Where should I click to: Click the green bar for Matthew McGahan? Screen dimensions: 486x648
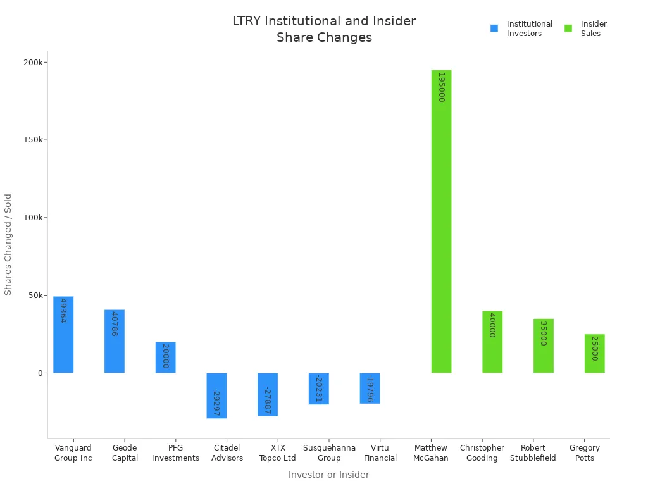pos(441,221)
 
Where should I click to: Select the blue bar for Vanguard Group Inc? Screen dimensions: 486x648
pos(63,335)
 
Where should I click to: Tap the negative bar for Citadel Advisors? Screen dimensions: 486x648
pos(216,396)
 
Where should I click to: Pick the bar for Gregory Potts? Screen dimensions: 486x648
pos(594,354)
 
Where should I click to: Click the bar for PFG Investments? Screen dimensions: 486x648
pos(165,358)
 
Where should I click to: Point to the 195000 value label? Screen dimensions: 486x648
pos(441,87)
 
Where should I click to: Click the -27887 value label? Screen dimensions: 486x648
pos(268,401)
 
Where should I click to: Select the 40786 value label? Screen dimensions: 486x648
pos(115,323)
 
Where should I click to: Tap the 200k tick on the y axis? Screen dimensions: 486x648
pos(32,63)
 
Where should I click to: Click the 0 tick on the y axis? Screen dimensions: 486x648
pos(39,373)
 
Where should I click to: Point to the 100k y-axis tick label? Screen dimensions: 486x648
pos(32,218)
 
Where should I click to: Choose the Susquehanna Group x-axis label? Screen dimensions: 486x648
pos(329,453)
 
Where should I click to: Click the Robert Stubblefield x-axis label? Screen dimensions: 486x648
pos(533,453)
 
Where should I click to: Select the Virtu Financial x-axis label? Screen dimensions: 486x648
pos(380,453)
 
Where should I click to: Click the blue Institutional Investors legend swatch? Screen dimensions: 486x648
pos(494,28)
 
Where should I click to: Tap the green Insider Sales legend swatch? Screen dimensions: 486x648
pos(568,28)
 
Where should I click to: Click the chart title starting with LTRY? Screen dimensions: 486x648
pos(324,29)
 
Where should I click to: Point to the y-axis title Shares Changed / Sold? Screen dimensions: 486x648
pos(8,244)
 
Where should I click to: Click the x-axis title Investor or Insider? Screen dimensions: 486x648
pos(328,475)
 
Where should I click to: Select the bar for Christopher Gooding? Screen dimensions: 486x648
pos(492,342)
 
